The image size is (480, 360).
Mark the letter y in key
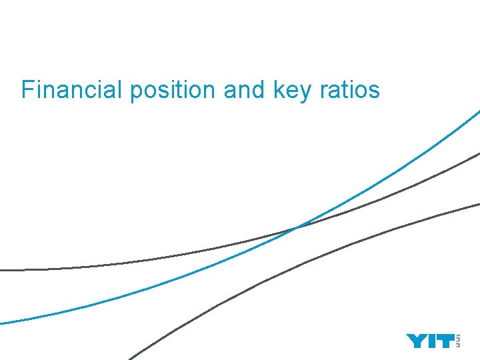click(305, 91)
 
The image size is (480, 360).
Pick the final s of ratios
click(375, 90)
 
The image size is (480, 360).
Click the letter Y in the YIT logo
click(416, 341)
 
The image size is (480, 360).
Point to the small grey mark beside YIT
click(457, 341)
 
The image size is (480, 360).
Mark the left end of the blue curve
click(2, 323)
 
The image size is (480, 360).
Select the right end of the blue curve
click(477, 111)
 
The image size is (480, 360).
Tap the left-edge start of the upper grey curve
click(2, 270)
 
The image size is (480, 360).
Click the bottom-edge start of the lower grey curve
click(131, 357)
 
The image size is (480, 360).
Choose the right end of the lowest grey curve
click(477, 203)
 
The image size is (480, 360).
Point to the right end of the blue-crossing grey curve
click(477, 154)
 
